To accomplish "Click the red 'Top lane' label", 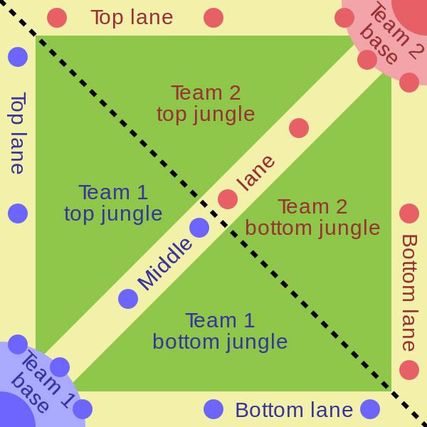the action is click(x=132, y=18).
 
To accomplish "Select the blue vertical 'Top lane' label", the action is click(x=18, y=133).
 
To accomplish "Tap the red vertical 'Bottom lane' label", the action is click(x=409, y=293).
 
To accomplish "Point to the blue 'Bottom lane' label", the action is click(x=294, y=410).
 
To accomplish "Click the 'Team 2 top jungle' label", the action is click(x=206, y=104).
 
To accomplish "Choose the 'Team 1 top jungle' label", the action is click(x=113, y=204).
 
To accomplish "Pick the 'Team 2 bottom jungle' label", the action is click(x=312, y=218).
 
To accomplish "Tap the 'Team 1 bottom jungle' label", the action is click(x=220, y=331).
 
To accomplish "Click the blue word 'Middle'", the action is click(x=165, y=264).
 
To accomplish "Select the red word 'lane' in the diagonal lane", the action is click(x=255, y=173).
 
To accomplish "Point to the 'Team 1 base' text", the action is click(x=41, y=381).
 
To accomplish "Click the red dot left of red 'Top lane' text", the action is click(x=57, y=18).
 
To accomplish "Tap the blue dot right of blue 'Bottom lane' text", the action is click(x=370, y=409).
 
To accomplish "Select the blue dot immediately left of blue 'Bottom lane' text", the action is click(x=213, y=409).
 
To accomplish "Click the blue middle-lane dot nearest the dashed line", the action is click(x=199, y=228).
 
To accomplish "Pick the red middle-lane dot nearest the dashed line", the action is click(x=228, y=199).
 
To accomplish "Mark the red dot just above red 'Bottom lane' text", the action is click(x=409, y=213).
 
